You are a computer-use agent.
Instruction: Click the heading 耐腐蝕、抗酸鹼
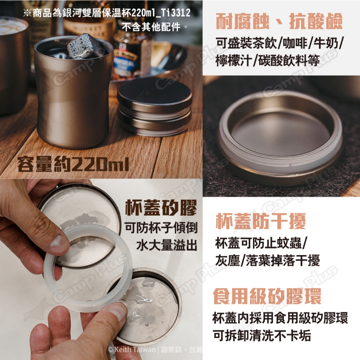tap(279, 21)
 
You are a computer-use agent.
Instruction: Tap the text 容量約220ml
tap(73, 164)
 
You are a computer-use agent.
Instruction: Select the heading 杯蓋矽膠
tap(161, 207)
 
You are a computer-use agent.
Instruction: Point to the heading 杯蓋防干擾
tap(261, 221)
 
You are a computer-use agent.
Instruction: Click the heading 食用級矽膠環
tap(267, 296)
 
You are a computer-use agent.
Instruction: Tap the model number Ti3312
tap(175, 13)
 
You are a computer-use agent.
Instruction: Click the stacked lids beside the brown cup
tap(154, 107)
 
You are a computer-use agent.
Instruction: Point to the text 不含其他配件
tap(151, 27)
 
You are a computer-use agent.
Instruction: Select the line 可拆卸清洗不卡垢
tap(262, 335)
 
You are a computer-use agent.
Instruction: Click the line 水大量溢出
tap(167, 245)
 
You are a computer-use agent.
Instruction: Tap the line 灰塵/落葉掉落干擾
tap(268, 261)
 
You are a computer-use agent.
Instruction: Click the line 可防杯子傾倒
tap(161, 228)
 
